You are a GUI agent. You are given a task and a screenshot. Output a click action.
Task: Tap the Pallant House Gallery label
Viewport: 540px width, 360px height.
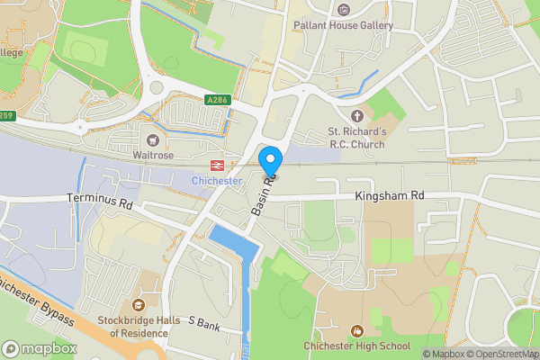tap(343, 25)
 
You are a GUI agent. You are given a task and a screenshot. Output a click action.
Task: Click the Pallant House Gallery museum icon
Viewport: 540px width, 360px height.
tap(343, 10)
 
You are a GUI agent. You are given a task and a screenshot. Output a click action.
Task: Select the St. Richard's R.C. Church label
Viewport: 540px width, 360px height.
tap(357, 137)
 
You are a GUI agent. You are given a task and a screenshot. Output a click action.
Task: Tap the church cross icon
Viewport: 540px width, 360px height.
tap(357, 116)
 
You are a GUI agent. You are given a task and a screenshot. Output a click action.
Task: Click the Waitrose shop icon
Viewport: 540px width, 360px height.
tap(152, 139)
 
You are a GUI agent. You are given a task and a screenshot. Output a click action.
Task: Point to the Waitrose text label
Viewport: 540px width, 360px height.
tap(152, 155)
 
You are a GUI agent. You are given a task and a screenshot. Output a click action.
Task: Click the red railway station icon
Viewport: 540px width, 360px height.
tap(217, 166)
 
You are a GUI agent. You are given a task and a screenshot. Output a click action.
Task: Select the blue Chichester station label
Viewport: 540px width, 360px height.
tap(217, 181)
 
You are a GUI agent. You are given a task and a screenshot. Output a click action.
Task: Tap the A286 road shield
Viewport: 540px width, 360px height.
tap(217, 100)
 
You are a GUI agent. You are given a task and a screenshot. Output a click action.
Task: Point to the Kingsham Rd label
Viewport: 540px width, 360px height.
tap(389, 194)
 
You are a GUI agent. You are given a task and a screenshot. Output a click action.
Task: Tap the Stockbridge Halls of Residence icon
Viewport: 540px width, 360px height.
tap(139, 305)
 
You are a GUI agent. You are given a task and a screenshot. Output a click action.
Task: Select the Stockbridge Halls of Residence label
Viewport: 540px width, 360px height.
tap(139, 326)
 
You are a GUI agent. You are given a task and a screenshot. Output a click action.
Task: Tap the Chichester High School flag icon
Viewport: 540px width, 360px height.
tap(357, 330)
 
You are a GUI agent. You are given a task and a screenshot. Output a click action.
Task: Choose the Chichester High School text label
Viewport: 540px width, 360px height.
tap(357, 346)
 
